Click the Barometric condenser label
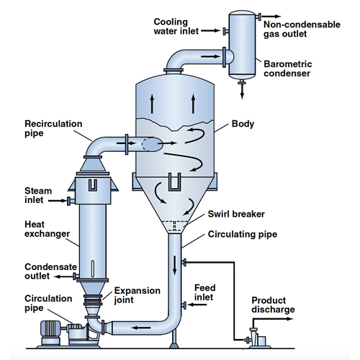288,68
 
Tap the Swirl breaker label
236,214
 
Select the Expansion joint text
138,295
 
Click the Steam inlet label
38,195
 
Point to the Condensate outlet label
51,271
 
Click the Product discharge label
273,305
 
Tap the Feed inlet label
204,292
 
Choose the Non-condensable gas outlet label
302,29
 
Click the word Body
243,124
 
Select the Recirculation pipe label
53,128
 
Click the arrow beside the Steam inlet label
57,200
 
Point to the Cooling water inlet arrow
210,31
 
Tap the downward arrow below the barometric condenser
242,91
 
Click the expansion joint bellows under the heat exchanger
93,300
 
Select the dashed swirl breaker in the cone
175,226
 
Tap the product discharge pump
257,338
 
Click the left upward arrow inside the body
152,104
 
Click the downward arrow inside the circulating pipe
175,265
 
